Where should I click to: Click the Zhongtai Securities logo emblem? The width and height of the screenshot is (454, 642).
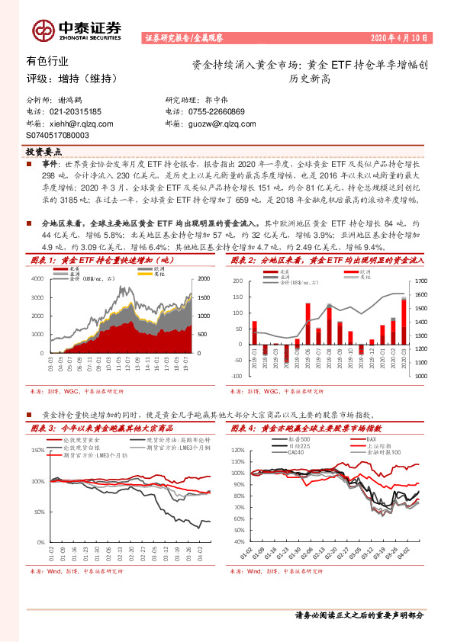[44, 30]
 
